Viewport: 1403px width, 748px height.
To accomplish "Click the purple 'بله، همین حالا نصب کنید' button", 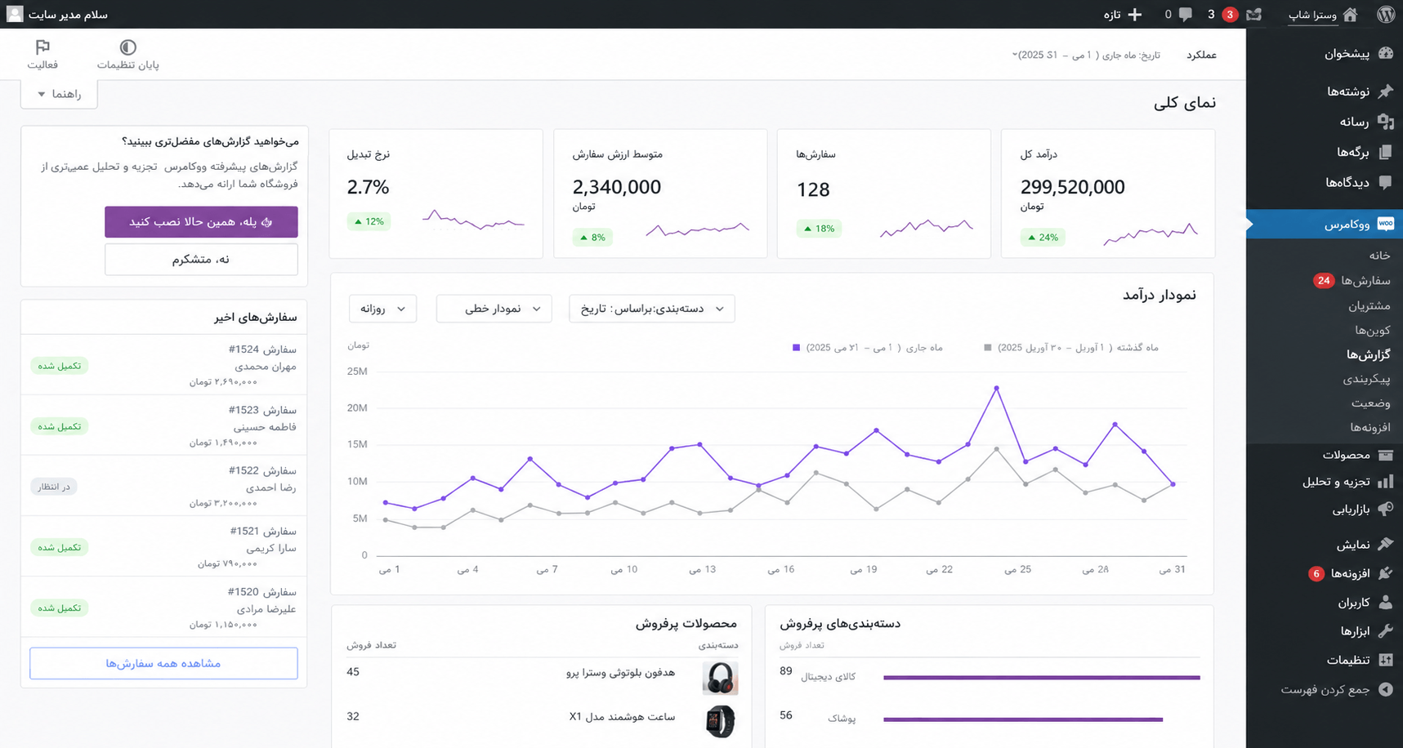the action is click(201, 221).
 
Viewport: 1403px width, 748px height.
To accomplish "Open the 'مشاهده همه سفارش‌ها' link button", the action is click(163, 663).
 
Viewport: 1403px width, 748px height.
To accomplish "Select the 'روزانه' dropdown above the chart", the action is click(382, 309).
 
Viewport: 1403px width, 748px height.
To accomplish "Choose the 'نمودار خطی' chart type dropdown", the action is click(494, 309).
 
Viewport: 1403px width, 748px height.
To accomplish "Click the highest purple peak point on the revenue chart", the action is click(997, 388).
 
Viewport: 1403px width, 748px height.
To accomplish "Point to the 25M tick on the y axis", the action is click(357, 372).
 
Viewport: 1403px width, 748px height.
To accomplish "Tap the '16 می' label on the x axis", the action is click(781, 569).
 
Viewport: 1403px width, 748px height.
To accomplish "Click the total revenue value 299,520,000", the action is click(1072, 187).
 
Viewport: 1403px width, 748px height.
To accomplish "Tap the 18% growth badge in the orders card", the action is click(819, 229).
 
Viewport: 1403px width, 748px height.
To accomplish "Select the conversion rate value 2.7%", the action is click(368, 187).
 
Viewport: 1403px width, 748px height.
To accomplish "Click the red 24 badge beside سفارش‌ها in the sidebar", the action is click(1324, 280).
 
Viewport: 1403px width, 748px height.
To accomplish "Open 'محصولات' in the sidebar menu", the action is click(1347, 455).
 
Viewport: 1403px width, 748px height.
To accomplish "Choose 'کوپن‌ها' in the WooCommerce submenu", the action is click(1373, 330).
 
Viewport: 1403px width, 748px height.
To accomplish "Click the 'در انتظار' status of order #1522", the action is click(54, 487).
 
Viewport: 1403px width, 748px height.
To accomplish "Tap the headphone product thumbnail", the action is click(720, 678).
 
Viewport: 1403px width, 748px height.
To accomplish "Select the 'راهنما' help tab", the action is click(59, 94).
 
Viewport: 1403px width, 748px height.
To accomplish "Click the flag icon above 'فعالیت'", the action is click(42, 47).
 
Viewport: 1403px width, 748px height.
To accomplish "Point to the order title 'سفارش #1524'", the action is click(262, 350).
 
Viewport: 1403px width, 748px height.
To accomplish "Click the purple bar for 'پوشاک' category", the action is click(1023, 719).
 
